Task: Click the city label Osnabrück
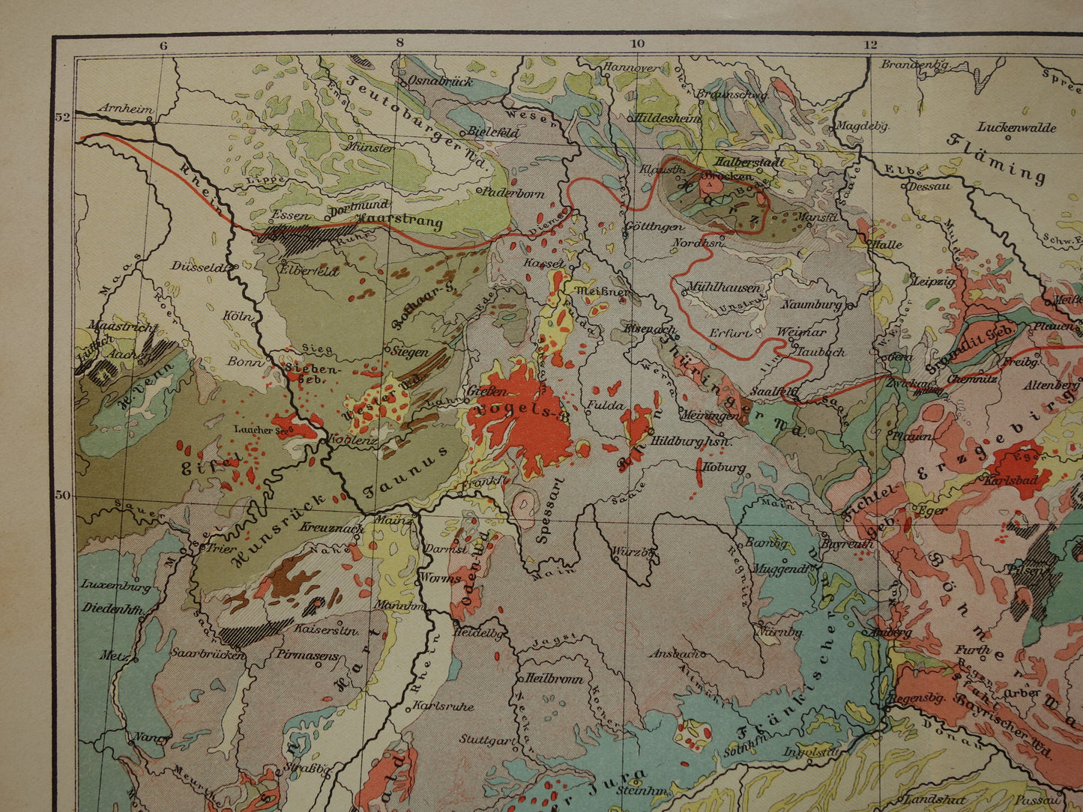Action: [441, 81]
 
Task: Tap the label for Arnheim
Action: [125, 108]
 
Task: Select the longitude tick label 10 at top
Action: [637, 43]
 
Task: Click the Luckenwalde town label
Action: [1017, 127]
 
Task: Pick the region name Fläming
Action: [996, 158]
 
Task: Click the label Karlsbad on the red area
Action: [1010, 479]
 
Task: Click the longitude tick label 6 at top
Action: [163, 43]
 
